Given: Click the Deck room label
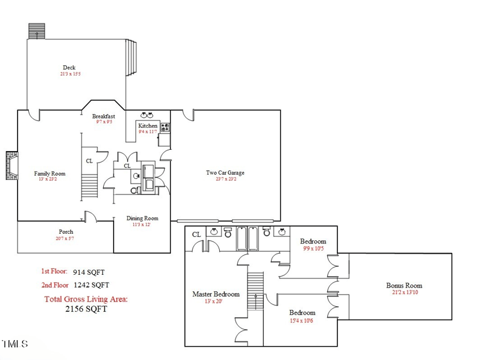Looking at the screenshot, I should (69, 68).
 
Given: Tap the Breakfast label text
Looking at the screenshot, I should (103, 116).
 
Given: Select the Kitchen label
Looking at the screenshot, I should (148, 126).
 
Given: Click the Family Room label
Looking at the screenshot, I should (50, 173).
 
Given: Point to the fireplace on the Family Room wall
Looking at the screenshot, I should (11, 166).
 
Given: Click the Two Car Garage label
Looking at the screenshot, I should (225, 173).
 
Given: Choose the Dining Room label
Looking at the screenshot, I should (142, 218).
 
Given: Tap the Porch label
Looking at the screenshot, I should (66, 232).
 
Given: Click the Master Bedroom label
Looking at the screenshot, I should (216, 294).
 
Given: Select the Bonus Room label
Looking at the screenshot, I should (404, 286).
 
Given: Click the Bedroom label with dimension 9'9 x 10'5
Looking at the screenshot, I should (313, 242).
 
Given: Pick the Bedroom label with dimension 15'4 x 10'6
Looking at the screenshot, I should (302, 312).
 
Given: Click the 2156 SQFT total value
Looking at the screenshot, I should (86, 309).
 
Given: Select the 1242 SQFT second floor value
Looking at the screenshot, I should (91, 285).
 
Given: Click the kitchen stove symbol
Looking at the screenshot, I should (165, 127).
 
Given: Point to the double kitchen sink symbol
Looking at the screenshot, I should (147, 115).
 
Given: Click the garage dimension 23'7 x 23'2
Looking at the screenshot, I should (225, 179).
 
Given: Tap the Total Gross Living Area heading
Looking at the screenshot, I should (86, 299).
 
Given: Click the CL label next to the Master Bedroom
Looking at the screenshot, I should (196, 234).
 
